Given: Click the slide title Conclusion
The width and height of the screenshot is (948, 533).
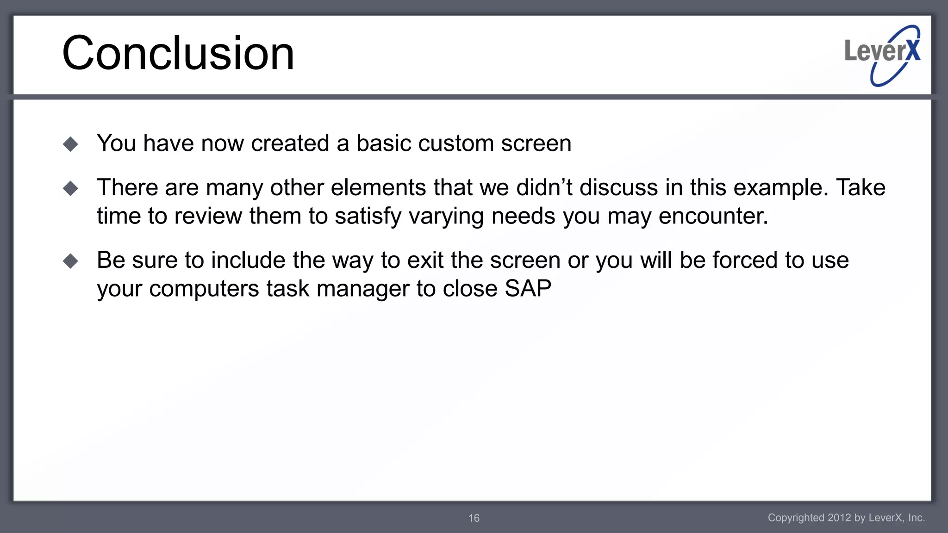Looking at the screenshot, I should [178, 53].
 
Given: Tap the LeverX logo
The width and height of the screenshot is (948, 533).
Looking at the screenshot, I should [882, 55].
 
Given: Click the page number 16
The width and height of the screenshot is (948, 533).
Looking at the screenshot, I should [474, 518].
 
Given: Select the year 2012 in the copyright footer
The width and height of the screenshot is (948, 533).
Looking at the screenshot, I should [839, 518].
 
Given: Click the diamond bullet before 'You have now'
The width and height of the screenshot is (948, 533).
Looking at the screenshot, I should [70, 144].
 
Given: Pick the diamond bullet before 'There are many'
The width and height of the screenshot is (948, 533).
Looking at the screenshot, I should [70, 188].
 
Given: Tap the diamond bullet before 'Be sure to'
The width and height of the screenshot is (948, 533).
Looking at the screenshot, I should [70, 261].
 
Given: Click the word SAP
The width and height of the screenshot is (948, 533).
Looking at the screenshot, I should [528, 289].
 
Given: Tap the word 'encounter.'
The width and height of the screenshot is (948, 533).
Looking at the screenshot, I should [713, 216].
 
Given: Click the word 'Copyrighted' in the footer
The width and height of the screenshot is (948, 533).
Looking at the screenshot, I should [796, 518].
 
